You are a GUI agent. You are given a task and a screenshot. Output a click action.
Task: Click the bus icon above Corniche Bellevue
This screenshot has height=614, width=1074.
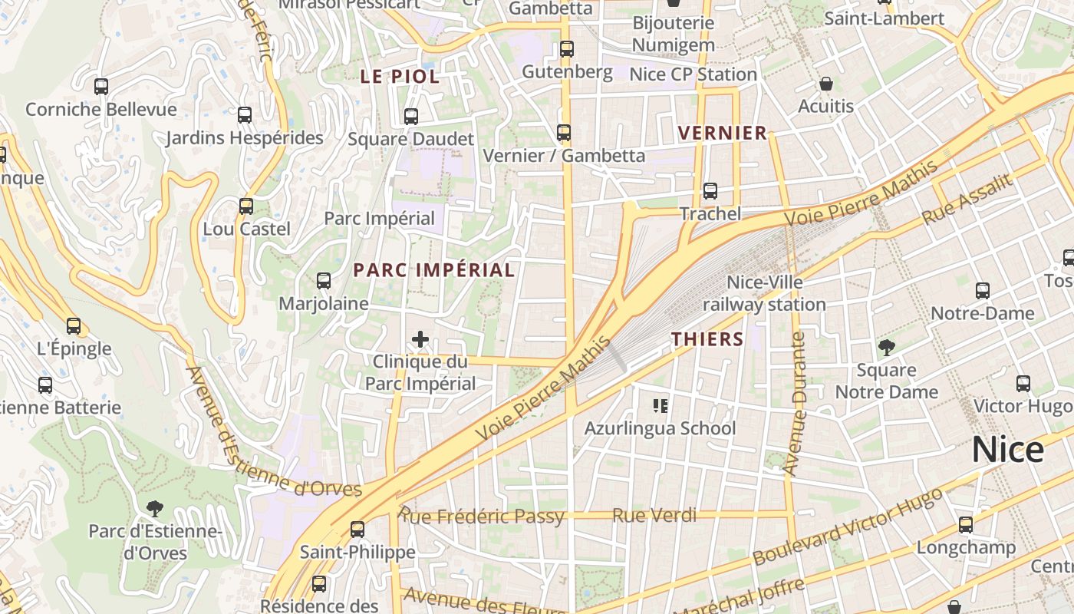click(x=101, y=87)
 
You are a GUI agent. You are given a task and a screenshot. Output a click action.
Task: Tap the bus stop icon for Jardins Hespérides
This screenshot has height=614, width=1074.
click(x=245, y=115)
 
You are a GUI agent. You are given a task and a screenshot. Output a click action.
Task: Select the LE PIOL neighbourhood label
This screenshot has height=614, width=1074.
click(x=400, y=77)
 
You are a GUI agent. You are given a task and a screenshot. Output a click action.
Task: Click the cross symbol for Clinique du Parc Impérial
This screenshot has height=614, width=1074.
click(x=420, y=338)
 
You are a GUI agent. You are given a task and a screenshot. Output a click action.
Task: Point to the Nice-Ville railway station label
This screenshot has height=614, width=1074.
click(x=764, y=293)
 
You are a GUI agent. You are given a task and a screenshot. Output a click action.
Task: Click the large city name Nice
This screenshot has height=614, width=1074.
click(x=1007, y=449)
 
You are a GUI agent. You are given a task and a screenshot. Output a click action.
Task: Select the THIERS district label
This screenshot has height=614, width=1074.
click(x=707, y=339)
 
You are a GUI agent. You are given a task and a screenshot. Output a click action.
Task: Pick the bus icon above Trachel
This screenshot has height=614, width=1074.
click(x=710, y=191)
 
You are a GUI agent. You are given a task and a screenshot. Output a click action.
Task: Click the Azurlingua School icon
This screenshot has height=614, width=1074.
click(x=660, y=405)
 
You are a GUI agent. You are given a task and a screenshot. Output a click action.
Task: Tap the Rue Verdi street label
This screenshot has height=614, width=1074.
click(x=654, y=515)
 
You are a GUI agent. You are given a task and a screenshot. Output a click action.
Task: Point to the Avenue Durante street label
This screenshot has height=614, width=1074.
click(x=795, y=404)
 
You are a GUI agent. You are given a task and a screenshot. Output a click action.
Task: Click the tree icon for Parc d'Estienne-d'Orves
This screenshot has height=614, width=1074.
click(x=155, y=508)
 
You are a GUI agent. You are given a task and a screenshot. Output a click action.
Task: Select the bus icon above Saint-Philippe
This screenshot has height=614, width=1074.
click(x=357, y=529)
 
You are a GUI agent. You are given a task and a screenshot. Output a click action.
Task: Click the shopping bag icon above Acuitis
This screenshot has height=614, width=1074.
click(x=826, y=84)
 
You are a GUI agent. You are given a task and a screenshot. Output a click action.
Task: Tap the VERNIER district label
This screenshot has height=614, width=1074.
click(x=723, y=133)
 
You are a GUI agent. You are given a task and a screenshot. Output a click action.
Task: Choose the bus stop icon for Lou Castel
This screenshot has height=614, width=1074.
click(x=246, y=206)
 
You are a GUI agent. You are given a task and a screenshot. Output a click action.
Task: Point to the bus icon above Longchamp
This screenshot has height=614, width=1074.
click(x=966, y=525)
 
